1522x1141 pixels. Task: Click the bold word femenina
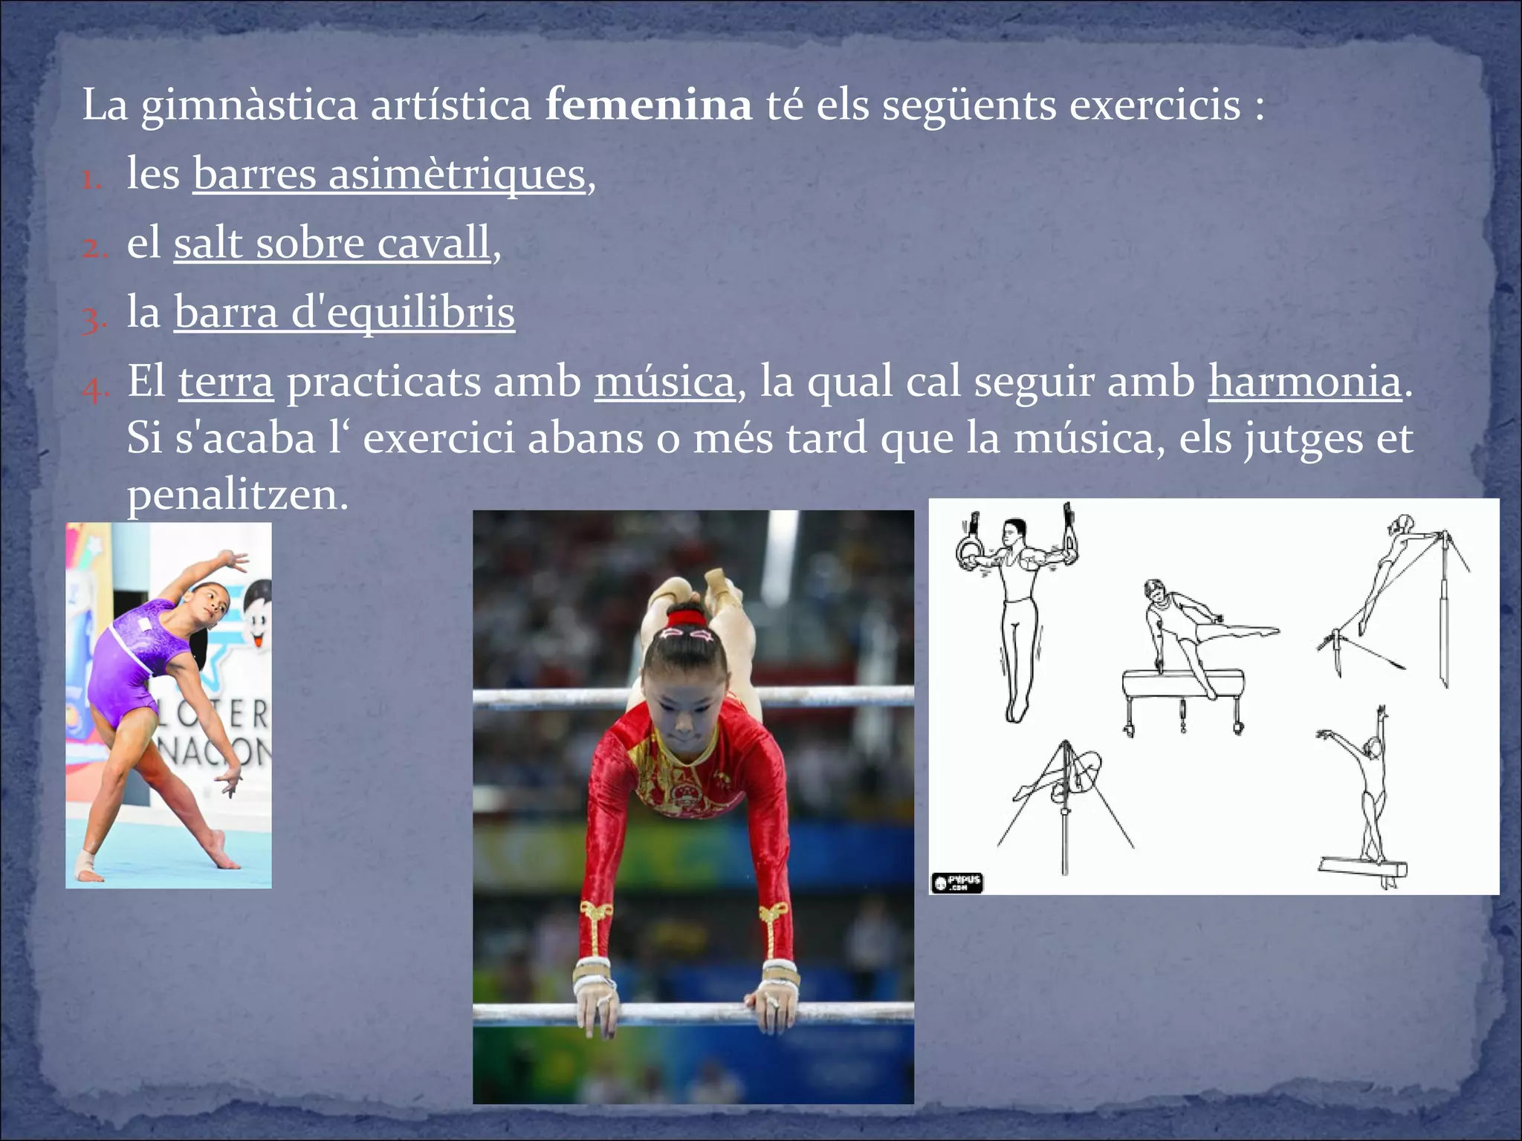pos(648,105)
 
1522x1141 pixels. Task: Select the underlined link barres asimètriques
pos(389,175)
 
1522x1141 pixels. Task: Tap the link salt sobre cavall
pos(332,244)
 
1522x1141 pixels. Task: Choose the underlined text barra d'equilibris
pos(344,312)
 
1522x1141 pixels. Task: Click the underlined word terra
pos(226,382)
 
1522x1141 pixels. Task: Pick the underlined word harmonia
pos(1305,382)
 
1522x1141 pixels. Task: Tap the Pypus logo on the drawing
pos(957,882)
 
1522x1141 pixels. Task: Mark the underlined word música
pos(664,382)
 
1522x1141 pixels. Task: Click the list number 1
pos(91,180)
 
